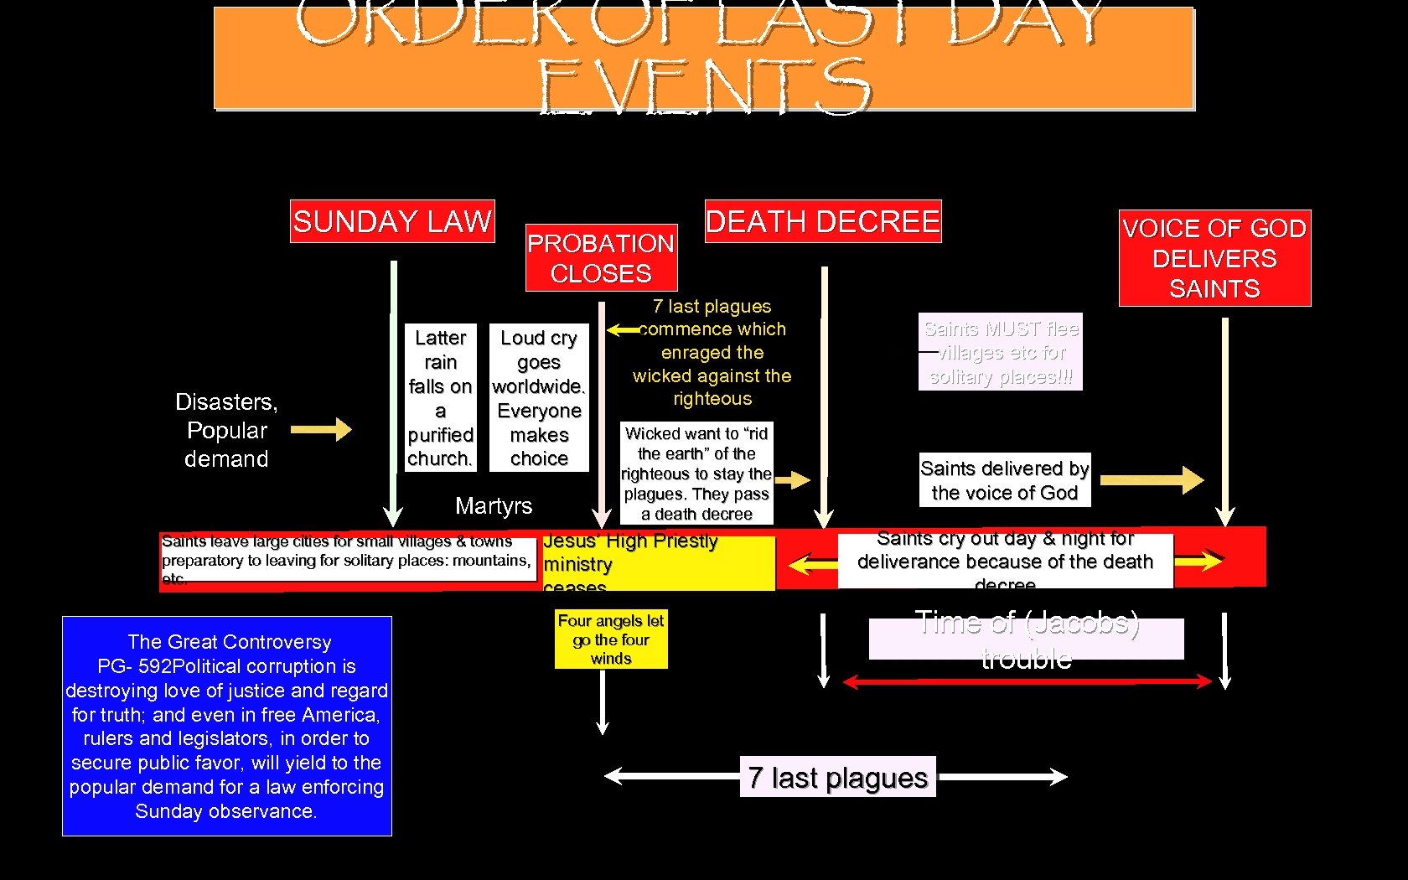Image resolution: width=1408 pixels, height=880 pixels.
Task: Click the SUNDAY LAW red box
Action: coord(392,221)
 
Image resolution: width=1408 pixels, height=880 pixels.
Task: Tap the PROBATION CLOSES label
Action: coord(601,258)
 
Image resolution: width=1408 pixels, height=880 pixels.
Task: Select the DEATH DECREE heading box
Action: coord(823,221)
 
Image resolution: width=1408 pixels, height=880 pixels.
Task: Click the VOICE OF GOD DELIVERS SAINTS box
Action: coord(1214,258)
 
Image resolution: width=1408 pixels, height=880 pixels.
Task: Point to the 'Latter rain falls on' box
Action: coord(441,397)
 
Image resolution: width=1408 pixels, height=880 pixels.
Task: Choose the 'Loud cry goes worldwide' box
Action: coord(539,397)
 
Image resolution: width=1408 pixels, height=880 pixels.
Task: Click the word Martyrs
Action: coord(494,505)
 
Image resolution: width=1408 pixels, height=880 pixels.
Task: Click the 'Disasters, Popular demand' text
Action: coord(226,430)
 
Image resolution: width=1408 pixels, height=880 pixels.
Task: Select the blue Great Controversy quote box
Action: coord(227,726)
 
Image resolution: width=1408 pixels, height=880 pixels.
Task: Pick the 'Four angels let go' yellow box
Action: coord(611,639)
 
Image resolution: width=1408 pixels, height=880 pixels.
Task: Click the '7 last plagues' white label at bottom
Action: coord(838,777)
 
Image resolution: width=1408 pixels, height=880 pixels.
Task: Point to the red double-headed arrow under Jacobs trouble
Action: coord(1027,682)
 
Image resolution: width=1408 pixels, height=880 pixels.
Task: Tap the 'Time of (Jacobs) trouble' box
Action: coord(1027,639)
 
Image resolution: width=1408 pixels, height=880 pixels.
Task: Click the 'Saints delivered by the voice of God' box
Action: coord(1004,480)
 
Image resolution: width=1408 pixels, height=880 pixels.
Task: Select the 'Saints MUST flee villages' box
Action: coord(1001,352)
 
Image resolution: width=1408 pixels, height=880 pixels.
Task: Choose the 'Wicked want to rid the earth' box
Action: coord(696,474)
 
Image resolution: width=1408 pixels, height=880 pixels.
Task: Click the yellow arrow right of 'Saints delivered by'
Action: coord(1152,480)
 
